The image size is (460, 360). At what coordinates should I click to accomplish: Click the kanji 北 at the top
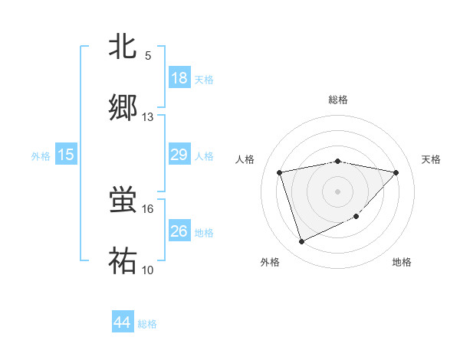point(123,47)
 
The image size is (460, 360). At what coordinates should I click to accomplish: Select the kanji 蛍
point(123,200)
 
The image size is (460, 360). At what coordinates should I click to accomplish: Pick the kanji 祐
point(123,260)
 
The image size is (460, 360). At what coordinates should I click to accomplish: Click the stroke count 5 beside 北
point(148,56)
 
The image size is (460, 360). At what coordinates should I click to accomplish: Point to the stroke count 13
point(148,117)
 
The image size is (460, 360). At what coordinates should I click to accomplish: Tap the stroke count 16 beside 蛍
point(148,208)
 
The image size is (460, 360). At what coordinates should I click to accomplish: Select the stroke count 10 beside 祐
point(148,270)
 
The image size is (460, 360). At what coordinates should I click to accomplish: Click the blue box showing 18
point(179,78)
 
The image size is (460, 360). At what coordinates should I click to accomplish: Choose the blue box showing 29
point(179,155)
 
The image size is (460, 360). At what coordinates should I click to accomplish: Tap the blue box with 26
point(179,231)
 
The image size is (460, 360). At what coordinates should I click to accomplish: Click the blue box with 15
point(66,155)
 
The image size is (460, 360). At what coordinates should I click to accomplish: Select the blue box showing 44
point(123,322)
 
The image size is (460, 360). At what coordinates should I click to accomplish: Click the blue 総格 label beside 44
point(147,324)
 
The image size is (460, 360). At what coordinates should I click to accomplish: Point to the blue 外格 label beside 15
point(41,156)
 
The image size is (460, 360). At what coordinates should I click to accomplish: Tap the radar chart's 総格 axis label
point(338,100)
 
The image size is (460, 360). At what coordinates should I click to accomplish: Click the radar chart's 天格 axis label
point(431,159)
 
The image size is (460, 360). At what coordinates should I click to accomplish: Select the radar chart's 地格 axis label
point(402,263)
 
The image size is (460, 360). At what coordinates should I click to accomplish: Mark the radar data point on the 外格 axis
point(301,242)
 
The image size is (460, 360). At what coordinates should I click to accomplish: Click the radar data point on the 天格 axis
point(396,172)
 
